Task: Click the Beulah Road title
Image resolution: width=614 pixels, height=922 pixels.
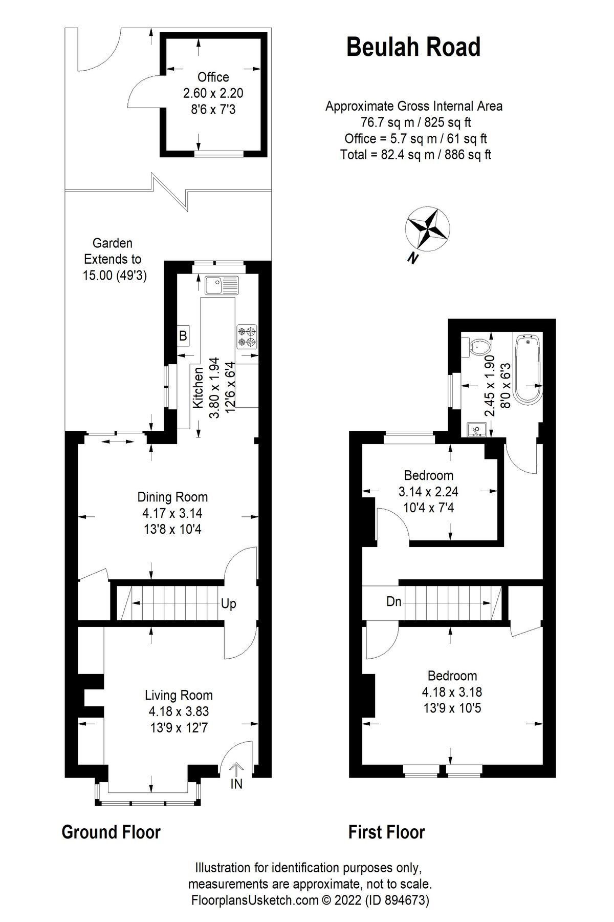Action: (x=413, y=47)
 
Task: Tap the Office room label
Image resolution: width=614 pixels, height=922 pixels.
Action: (x=213, y=77)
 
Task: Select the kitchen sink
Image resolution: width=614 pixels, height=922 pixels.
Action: (x=222, y=285)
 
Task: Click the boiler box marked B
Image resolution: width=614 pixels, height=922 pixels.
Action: (x=183, y=337)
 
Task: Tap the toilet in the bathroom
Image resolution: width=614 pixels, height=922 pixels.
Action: (x=477, y=347)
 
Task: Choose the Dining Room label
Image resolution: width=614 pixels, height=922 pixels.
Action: (x=172, y=497)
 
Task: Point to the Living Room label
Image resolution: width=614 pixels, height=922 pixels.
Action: (x=179, y=695)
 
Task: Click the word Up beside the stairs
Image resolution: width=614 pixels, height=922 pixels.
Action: (x=229, y=604)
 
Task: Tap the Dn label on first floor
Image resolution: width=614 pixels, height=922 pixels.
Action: (x=393, y=601)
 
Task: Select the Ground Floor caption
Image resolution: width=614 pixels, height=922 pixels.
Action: (x=111, y=832)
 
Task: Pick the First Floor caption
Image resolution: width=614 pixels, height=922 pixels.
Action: (x=386, y=832)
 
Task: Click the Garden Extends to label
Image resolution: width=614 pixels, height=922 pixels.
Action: (x=113, y=251)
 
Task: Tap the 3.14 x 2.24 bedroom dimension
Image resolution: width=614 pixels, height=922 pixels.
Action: (x=428, y=492)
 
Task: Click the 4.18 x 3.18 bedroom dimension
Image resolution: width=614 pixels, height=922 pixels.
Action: (x=452, y=692)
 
